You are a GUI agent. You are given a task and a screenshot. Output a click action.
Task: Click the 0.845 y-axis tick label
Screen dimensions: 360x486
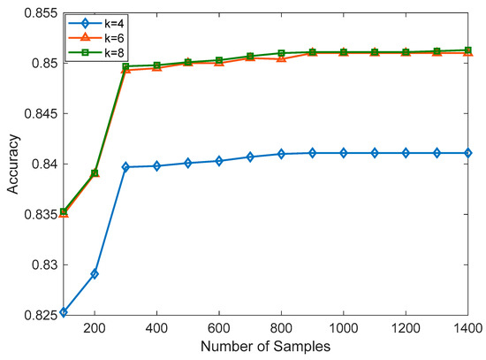41,114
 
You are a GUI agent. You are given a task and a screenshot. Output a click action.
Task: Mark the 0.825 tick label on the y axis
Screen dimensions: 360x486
41,316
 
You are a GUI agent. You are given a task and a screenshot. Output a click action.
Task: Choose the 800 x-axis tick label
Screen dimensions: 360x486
281,328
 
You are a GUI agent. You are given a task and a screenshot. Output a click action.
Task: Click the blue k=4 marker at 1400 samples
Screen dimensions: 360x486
465,153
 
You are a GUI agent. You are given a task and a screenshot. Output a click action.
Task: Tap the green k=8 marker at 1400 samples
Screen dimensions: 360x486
465,50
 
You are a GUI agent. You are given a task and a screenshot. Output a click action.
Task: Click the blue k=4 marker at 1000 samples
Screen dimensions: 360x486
343,153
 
